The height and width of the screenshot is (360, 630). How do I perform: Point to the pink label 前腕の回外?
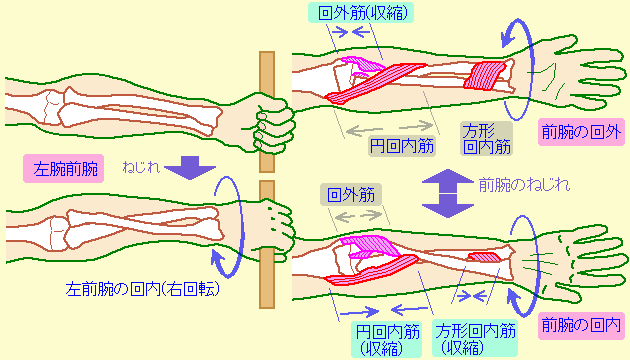(580, 131)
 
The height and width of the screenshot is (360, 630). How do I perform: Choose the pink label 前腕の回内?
(580, 324)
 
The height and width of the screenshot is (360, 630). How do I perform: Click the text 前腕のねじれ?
(524, 184)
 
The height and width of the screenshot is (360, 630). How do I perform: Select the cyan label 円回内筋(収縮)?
(386, 338)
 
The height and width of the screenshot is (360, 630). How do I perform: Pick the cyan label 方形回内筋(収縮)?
(476, 338)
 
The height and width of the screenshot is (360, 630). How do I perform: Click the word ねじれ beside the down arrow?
(141, 166)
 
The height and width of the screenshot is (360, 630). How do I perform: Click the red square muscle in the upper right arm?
(488, 76)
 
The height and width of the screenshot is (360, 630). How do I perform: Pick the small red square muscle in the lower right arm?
(485, 258)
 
